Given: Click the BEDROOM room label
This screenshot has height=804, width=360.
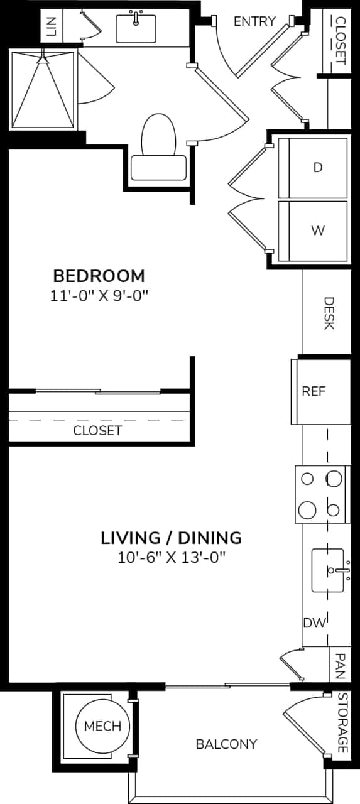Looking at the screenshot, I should (99, 276).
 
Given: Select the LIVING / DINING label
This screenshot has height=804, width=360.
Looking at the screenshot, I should (172, 538).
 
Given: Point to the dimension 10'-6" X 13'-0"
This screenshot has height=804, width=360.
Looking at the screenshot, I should (172, 557).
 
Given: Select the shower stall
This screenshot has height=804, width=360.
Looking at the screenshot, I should (43, 89).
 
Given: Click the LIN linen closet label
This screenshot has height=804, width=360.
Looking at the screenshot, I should (51, 26).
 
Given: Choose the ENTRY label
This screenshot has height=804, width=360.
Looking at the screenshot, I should (254, 22).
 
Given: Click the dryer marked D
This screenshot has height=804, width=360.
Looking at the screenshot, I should (317, 168).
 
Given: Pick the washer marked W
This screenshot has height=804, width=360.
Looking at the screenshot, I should (317, 231).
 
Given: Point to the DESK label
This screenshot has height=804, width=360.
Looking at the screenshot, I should (329, 313).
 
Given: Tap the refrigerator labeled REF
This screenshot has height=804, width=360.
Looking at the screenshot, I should (314, 391).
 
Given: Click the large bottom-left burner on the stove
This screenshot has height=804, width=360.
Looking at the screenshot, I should (307, 509).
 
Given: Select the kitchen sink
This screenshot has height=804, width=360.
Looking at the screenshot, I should (328, 570).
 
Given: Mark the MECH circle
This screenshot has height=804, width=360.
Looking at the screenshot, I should (102, 726).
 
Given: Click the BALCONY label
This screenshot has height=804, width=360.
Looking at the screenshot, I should (226, 744).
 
